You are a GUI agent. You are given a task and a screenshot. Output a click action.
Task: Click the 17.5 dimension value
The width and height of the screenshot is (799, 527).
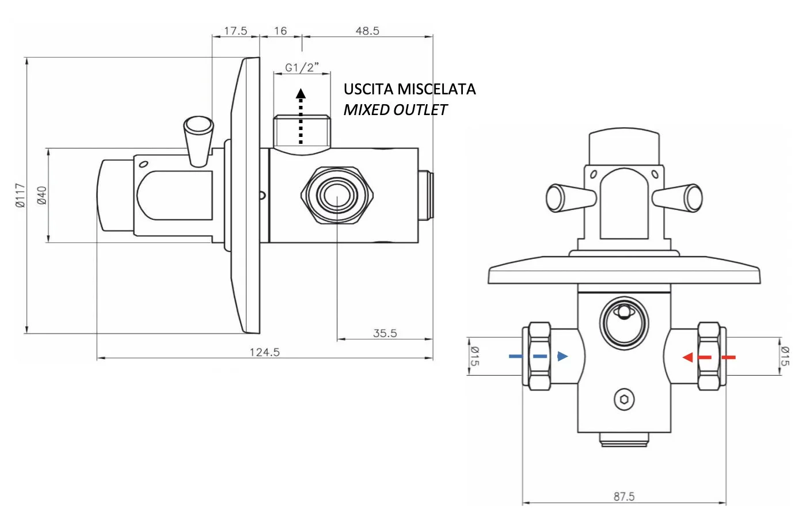click(x=235, y=31)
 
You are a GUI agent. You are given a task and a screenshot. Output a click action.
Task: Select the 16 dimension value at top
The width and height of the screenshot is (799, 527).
click(x=280, y=31)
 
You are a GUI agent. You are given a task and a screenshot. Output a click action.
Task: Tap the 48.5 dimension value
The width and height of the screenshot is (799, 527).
click(x=367, y=31)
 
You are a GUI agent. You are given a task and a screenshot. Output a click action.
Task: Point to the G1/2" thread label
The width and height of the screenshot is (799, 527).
click(x=302, y=67)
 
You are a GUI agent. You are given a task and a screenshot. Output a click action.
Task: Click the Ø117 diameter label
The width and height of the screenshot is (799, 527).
click(x=21, y=196)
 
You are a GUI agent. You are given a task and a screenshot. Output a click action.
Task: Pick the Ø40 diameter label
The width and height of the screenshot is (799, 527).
click(x=42, y=196)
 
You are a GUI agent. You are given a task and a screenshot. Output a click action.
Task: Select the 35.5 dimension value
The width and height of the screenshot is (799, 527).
click(x=385, y=333)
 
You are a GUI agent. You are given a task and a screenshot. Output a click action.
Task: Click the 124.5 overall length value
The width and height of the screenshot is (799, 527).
click(x=265, y=352)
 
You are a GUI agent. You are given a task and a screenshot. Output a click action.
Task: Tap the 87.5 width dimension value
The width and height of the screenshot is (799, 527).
click(x=624, y=497)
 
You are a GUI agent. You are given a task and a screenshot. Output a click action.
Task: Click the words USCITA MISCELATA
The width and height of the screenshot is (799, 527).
click(x=409, y=89)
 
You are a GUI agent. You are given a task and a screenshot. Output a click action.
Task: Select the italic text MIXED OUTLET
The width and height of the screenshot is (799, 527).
click(x=395, y=110)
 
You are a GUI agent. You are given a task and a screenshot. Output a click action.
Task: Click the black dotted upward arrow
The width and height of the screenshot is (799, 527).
click(x=300, y=116)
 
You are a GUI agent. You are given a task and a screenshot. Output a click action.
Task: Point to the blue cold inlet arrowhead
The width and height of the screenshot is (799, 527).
click(x=562, y=356)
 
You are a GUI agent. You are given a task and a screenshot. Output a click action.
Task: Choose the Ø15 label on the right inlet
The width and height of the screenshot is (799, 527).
click(x=785, y=356)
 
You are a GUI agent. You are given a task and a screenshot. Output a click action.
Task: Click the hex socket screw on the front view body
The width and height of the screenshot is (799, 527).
click(x=624, y=399)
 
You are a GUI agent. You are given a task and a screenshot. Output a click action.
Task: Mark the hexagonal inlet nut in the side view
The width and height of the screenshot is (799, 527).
click(x=337, y=196)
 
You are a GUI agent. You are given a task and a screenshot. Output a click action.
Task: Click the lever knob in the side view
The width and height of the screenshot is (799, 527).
click(x=199, y=141)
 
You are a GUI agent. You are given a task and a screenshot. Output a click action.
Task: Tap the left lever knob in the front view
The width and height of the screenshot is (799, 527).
click(x=570, y=198)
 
